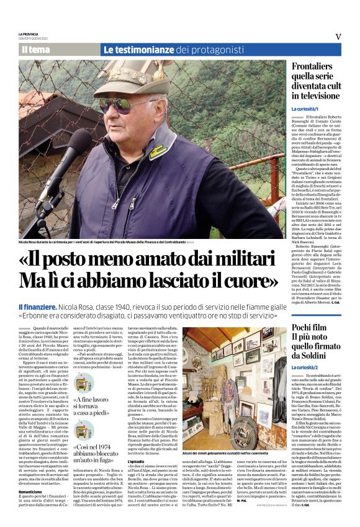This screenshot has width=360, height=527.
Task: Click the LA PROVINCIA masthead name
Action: pos(29,34)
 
